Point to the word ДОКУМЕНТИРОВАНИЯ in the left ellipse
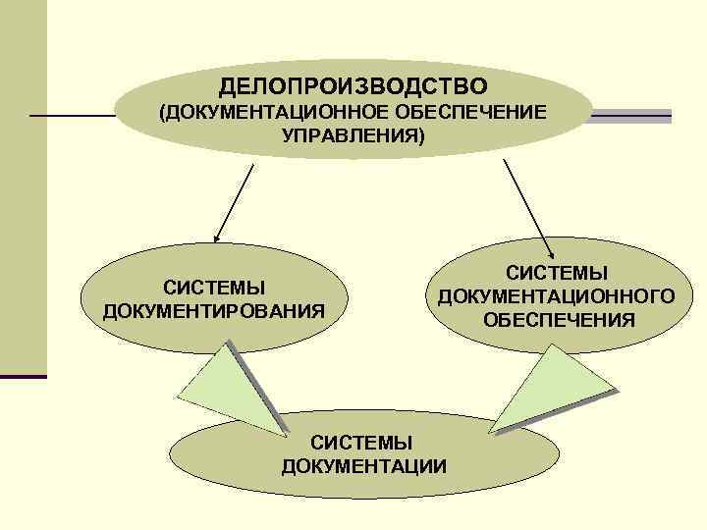pyautogui.click(x=213, y=311)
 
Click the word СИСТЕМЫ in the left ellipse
pyautogui.click(x=214, y=288)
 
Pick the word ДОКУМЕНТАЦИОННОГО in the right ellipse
pyautogui.click(x=557, y=295)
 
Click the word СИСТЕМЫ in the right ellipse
pyautogui.click(x=557, y=272)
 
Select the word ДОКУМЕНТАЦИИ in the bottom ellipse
pyautogui.click(x=363, y=464)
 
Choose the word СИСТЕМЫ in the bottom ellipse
pyautogui.click(x=364, y=442)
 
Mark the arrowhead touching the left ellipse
pyautogui.click(x=217, y=237)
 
